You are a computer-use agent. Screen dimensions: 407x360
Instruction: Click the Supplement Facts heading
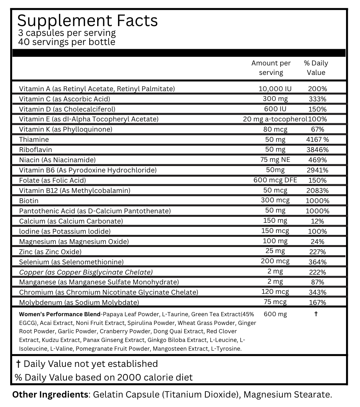click(x=87, y=20)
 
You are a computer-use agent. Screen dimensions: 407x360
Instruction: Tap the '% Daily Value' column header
click(x=316, y=68)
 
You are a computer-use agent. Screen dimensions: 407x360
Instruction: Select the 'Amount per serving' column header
click(x=271, y=68)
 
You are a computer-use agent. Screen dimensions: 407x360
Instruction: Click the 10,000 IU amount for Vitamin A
click(x=275, y=89)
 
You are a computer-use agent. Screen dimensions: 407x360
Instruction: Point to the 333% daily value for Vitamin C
click(x=317, y=99)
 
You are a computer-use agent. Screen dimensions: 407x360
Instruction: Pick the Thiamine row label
click(x=34, y=140)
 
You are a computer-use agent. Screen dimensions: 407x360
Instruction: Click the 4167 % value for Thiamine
click(x=317, y=140)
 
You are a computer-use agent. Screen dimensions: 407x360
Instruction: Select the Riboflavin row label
click(x=36, y=150)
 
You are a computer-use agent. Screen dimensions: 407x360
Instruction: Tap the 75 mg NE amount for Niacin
click(x=275, y=160)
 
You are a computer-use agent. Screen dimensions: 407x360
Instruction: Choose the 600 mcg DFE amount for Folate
click(x=275, y=180)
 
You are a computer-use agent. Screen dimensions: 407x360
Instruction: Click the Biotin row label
click(x=29, y=200)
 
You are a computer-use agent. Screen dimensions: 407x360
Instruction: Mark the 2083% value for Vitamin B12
click(x=317, y=190)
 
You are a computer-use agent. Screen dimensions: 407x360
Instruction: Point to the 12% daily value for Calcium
click(x=317, y=221)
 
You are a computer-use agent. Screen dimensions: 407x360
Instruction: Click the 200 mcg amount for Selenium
click(x=275, y=261)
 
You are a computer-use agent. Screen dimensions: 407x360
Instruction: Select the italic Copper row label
click(x=86, y=272)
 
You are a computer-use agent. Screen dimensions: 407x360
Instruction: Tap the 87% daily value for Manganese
click(x=317, y=282)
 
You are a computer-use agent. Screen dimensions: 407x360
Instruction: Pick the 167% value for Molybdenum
click(x=317, y=302)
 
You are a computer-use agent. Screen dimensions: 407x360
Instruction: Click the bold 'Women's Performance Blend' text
click(x=59, y=314)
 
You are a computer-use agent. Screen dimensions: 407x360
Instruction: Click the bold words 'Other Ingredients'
click(x=50, y=395)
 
